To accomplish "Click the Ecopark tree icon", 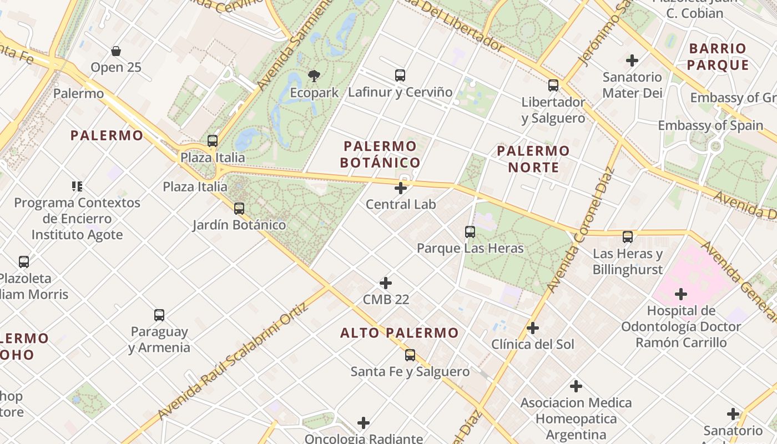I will pyautogui.click(x=314, y=76).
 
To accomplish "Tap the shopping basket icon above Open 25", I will pyautogui.click(x=116, y=51).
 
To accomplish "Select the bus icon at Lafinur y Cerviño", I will pyautogui.click(x=400, y=75).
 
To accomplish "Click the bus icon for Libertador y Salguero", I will pyautogui.click(x=553, y=85).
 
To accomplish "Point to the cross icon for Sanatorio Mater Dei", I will pyautogui.click(x=632, y=60).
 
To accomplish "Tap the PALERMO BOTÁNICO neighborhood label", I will pyautogui.click(x=380, y=154).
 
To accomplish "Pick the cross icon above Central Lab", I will pyautogui.click(x=400, y=188).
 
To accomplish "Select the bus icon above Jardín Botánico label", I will pyautogui.click(x=239, y=209).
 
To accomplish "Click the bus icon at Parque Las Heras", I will pyautogui.click(x=470, y=232).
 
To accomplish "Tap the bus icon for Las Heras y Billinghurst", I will pyautogui.click(x=628, y=237).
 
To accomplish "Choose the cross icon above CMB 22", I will pyautogui.click(x=386, y=283).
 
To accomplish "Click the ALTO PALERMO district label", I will pyautogui.click(x=400, y=333).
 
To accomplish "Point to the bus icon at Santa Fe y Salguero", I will pyautogui.click(x=410, y=355).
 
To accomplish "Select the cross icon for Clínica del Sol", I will pyautogui.click(x=533, y=328).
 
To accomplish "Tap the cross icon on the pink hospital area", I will pyautogui.click(x=681, y=294).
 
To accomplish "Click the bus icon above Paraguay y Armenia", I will pyautogui.click(x=159, y=315).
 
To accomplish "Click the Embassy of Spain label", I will pyautogui.click(x=710, y=125).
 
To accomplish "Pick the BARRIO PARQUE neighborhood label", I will pyautogui.click(x=718, y=57).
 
